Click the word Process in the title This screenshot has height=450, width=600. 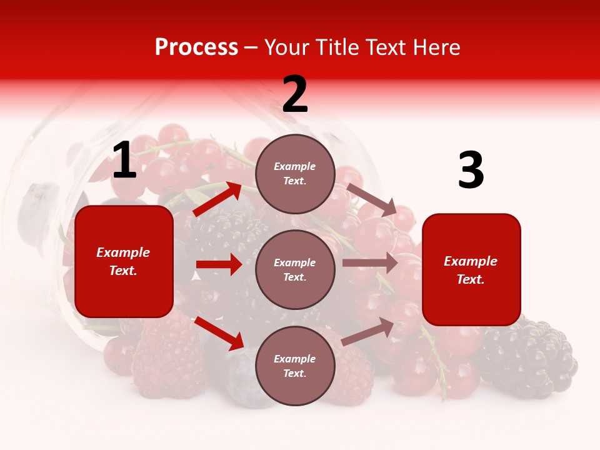click(x=196, y=47)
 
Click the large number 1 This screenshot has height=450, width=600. click(x=124, y=161)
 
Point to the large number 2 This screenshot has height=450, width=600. click(x=295, y=95)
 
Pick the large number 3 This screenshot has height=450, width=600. click(x=471, y=171)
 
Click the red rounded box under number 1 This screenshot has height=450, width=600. click(x=124, y=261)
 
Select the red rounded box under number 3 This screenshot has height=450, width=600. click(x=471, y=269)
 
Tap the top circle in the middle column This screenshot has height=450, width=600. click(x=295, y=174)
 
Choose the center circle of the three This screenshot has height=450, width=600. click(x=295, y=269)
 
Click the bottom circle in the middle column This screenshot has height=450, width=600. click(x=295, y=366)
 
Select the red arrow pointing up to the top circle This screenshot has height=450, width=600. click(x=217, y=199)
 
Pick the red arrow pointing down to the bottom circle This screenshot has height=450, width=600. click(x=219, y=333)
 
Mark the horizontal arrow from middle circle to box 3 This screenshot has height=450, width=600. click(x=370, y=263)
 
